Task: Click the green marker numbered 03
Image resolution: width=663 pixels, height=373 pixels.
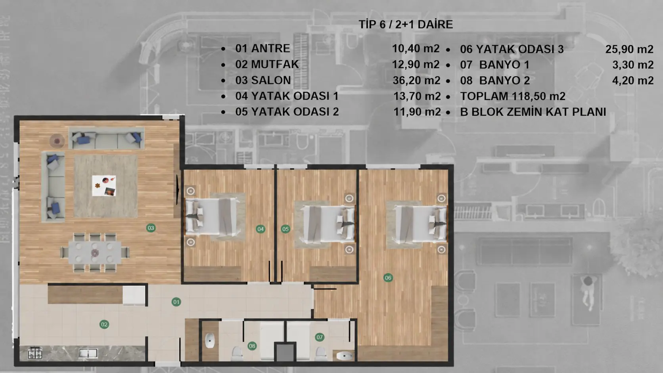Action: click(x=151, y=228)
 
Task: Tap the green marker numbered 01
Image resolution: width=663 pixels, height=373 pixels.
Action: click(x=176, y=302)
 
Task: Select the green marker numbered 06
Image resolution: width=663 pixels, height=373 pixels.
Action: click(x=388, y=277)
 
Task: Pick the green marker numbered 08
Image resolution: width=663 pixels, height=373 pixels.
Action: click(x=252, y=346)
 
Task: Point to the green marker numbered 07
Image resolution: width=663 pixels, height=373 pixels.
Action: click(x=320, y=337)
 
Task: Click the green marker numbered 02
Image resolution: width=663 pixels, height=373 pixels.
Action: click(x=104, y=324)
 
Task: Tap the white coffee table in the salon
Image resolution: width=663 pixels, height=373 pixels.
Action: click(x=104, y=186)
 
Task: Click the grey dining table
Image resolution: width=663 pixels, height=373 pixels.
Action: click(x=95, y=252)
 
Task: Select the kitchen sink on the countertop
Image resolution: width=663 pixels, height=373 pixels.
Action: click(x=88, y=353)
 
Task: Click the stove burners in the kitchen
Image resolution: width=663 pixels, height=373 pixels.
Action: click(x=35, y=353)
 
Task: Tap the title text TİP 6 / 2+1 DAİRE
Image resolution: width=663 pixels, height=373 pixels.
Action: click(x=406, y=25)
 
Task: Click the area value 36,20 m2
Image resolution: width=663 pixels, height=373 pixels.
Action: click(x=416, y=80)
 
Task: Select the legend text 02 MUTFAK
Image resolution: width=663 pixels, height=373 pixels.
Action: click(x=267, y=64)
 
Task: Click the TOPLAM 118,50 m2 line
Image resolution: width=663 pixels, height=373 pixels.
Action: click(x=513, y=96)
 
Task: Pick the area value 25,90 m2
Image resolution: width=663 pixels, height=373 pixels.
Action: click(x=629, y=49)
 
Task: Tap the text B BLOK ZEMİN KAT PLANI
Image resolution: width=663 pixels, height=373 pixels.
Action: click(x=533, y=112)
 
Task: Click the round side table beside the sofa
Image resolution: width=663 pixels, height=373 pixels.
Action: click(x=57, y=141)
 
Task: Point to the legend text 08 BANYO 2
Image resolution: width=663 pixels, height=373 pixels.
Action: click(x=495, y=80)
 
